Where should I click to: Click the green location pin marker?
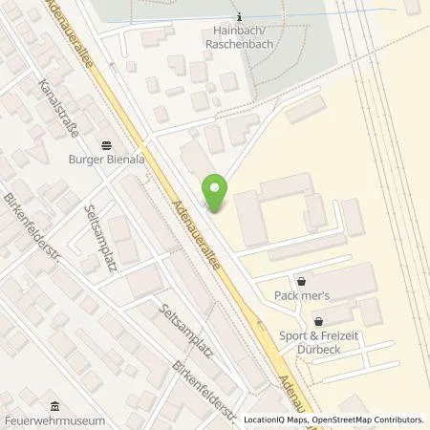coord(217,191)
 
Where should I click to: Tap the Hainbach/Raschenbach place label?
coord(239,35)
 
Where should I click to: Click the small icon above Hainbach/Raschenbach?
coord(239,16)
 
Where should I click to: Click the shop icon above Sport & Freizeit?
coord(318,321)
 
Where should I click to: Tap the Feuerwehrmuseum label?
coord(52,419)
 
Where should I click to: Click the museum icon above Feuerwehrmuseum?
coord(52,404)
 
